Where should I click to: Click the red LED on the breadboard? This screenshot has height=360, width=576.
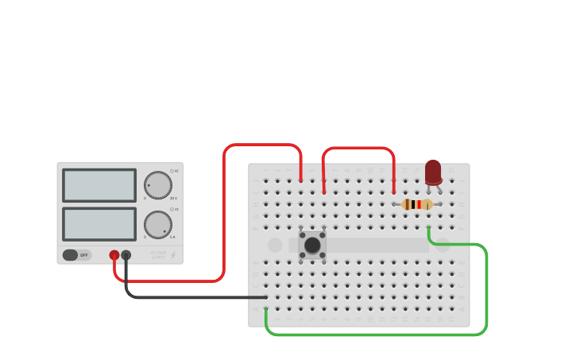coord(433,172)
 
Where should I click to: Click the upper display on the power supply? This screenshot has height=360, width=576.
coord(99,185)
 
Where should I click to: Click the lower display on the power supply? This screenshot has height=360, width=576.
coord(99,224)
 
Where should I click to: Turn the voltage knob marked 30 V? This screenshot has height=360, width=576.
coord(157,185)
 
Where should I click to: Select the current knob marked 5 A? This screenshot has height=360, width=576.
coord(157,224)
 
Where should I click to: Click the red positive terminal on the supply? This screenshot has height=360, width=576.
coord(114,255)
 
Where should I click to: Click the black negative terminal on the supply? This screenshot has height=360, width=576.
coord(126,255)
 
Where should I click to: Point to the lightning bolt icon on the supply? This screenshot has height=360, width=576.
coord(173,255)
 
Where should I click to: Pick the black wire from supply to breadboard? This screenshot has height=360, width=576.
coord(191,297)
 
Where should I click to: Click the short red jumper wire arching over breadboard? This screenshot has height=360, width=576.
coord(358,148)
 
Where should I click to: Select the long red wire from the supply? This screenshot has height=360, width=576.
coord(224,215)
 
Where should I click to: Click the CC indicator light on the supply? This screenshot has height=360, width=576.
coord(172,210)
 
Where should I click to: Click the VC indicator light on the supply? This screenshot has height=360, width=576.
coord(172,171)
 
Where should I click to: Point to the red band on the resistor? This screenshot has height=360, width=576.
coord(419,204)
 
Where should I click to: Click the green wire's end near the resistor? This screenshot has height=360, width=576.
coord(429,230)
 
